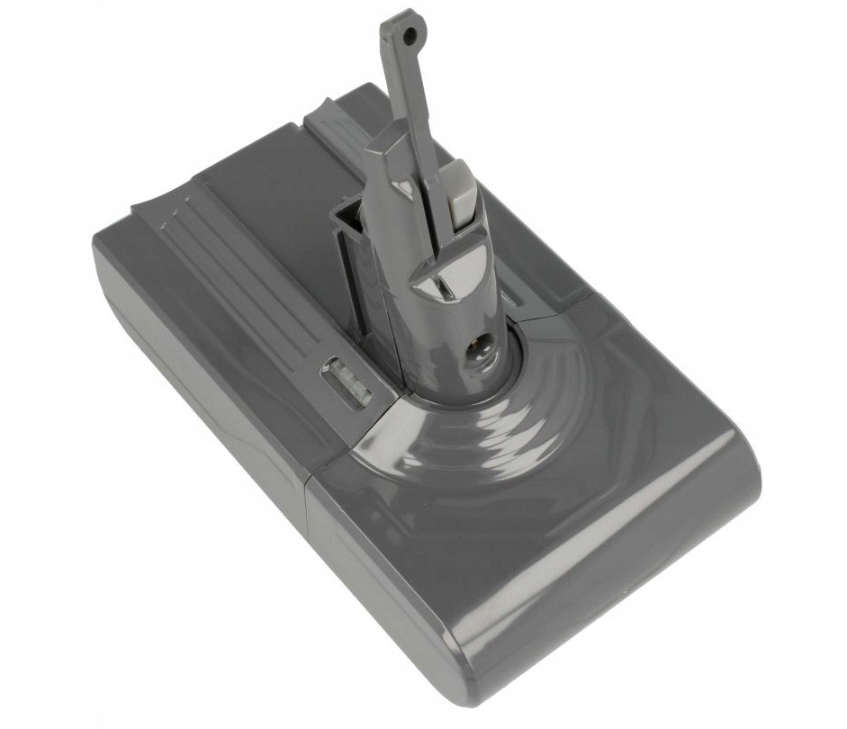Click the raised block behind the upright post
[338, 117]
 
